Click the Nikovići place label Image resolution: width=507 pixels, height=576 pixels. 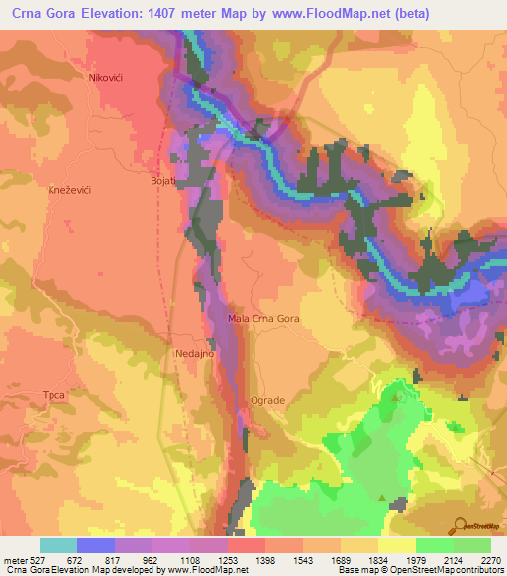(111, 77)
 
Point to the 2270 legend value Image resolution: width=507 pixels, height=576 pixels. (492, 560)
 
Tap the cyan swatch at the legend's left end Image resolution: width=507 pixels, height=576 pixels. (58, 545)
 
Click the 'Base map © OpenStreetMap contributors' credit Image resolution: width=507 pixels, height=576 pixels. (421, 570)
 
